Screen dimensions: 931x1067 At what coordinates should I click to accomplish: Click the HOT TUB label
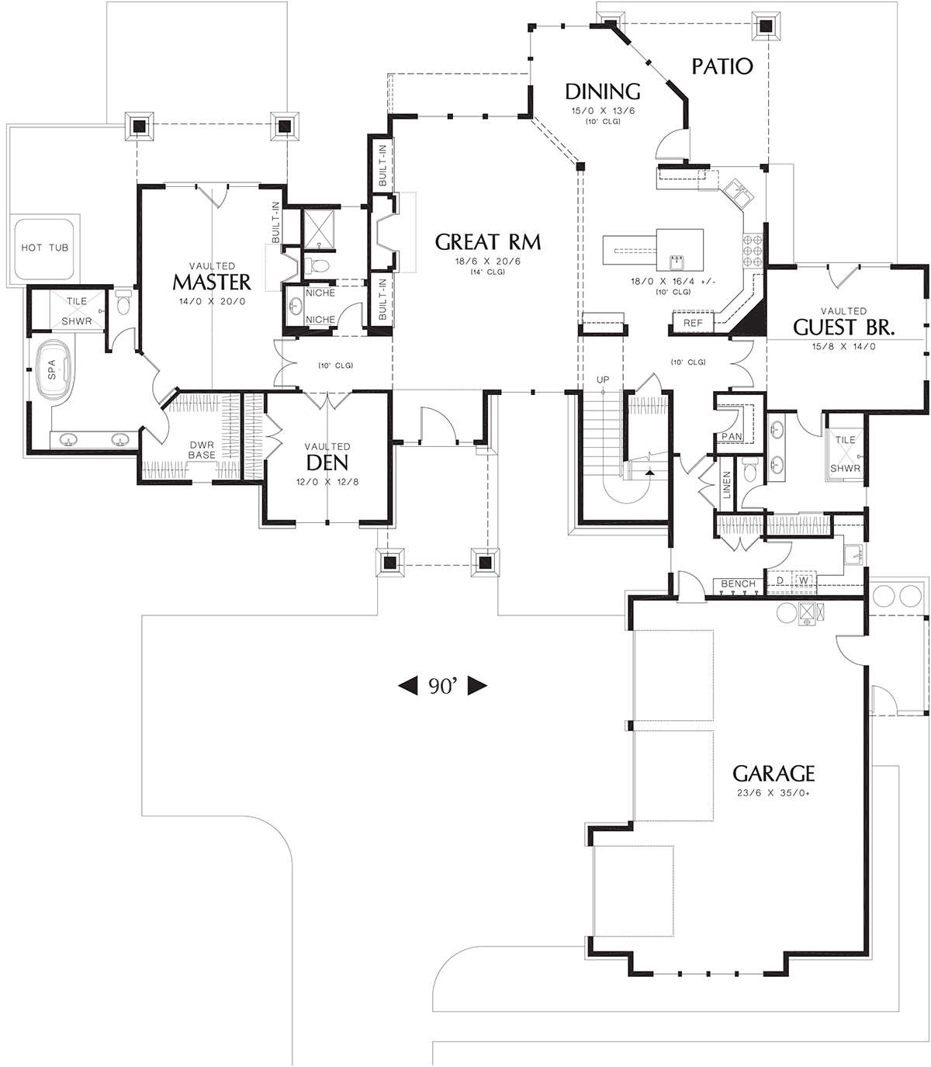click(45, 248)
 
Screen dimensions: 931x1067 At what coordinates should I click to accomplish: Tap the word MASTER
click(212, 282)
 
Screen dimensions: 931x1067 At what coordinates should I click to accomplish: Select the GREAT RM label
click(488, 242)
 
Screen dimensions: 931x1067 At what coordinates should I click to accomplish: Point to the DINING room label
click(603, 92)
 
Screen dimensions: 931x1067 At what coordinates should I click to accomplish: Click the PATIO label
click(722, 66)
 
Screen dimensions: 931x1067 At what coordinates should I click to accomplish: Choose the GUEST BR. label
click(843, 327)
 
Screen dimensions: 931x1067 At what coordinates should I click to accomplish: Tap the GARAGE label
click(774, 774)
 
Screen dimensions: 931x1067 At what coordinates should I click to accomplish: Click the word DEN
click(327, 462)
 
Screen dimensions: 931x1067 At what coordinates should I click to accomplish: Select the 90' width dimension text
click(442, 686)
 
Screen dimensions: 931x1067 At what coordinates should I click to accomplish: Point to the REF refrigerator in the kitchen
click(694, 324)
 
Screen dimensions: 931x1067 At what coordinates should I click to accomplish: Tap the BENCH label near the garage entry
click(738, 584)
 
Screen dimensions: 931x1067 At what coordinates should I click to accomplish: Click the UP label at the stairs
click(603, 379)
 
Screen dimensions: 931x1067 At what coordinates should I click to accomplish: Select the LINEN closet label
click(727, 484)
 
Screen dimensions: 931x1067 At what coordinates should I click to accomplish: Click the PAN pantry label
click(732, 436)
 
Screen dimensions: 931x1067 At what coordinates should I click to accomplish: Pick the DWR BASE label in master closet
click(202, 450)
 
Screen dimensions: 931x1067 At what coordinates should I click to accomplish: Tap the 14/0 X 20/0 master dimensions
click(212, 301)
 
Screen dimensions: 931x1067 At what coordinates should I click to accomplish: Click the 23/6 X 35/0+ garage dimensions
click(774, 793)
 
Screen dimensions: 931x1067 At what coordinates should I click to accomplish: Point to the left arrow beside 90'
click(407, 686)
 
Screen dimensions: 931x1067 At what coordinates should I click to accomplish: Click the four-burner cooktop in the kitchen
click(753, 251)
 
